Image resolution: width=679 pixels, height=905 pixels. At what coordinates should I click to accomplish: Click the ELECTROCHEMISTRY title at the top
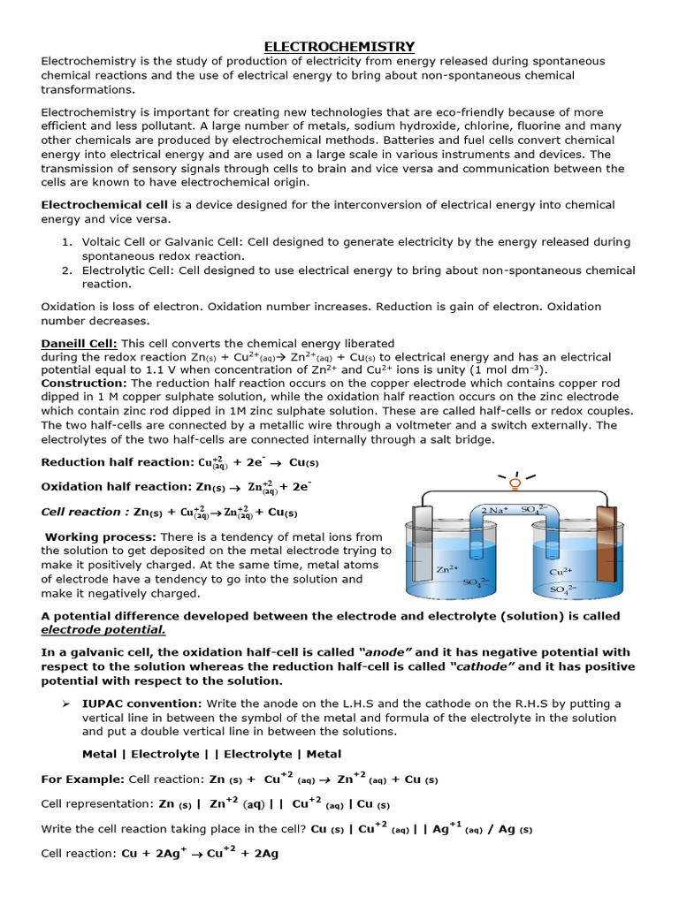click(340, 46)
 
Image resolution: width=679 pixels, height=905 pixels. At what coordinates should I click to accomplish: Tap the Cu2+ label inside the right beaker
click(562, 571)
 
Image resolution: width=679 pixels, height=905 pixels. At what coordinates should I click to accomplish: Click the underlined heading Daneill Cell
click(79, 343)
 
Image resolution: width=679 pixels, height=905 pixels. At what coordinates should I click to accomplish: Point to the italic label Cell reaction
click(81, 512)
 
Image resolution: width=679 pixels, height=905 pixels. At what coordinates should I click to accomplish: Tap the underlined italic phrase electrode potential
click(103, 630)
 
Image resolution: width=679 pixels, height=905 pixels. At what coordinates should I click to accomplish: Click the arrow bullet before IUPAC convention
click(65, 703)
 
